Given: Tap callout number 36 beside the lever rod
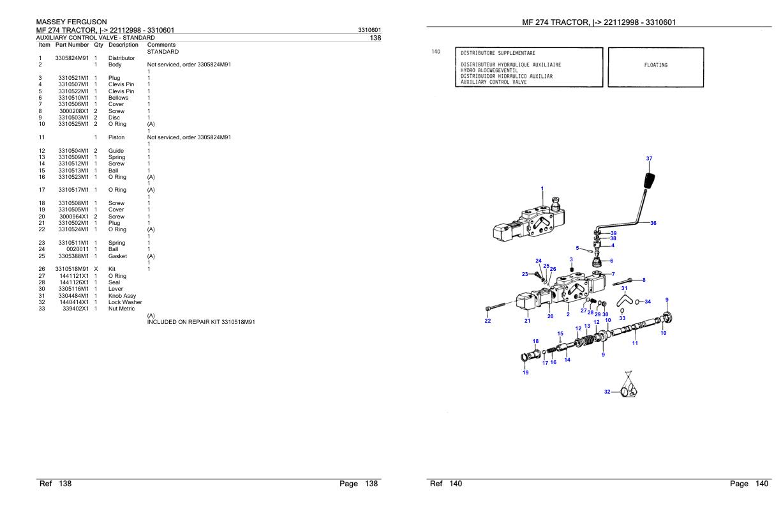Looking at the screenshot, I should tap(653, 223).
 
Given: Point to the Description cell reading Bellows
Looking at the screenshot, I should tap(119, 98).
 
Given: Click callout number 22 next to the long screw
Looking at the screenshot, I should tap(488, 321).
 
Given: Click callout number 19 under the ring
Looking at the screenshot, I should tap(525, 372).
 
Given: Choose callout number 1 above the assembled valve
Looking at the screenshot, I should tap(542, 188).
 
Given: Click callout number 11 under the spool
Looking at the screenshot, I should tap(634, 343).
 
